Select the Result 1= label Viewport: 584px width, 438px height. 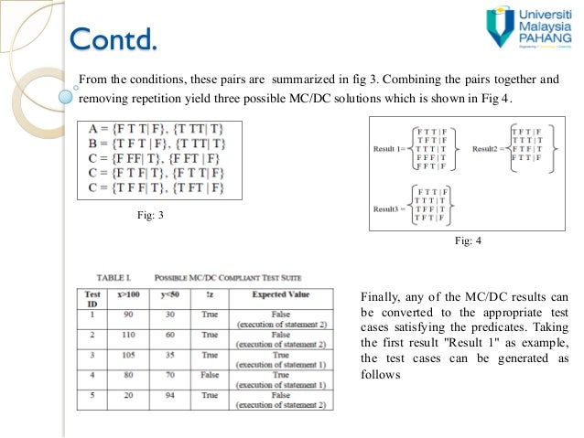click(391, 148)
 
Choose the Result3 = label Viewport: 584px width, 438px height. click(391, 208)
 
